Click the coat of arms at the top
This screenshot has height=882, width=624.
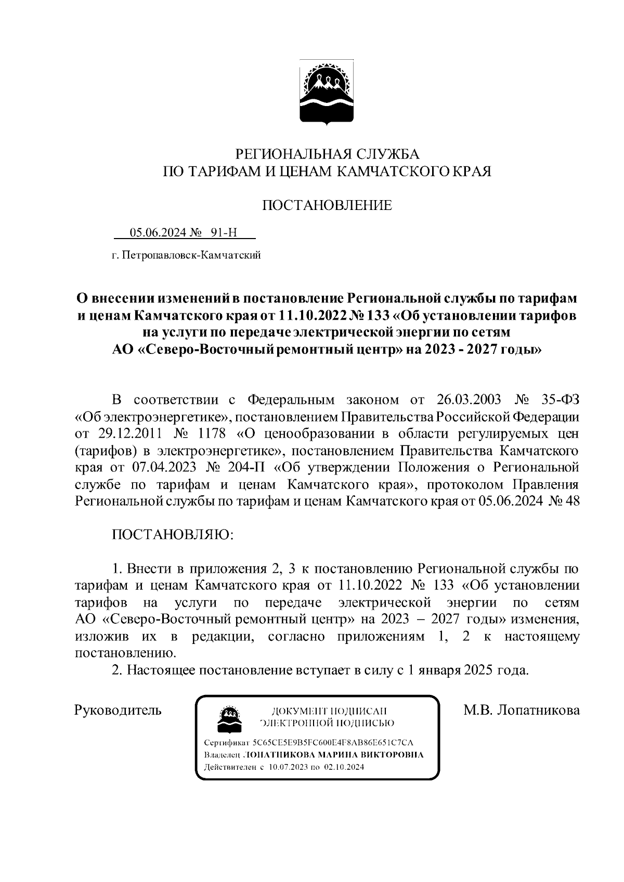click(x=327, y=93)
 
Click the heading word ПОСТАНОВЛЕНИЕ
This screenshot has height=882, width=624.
click(x=327, y=205)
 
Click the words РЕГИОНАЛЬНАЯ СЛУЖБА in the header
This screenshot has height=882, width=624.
click(x=327, y=154)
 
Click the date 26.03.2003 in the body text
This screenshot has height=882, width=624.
click(x=466, y=400)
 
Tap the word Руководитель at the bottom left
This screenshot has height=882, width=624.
click(x=118, y=710)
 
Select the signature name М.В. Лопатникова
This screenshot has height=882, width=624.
click(x=521, y=710)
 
